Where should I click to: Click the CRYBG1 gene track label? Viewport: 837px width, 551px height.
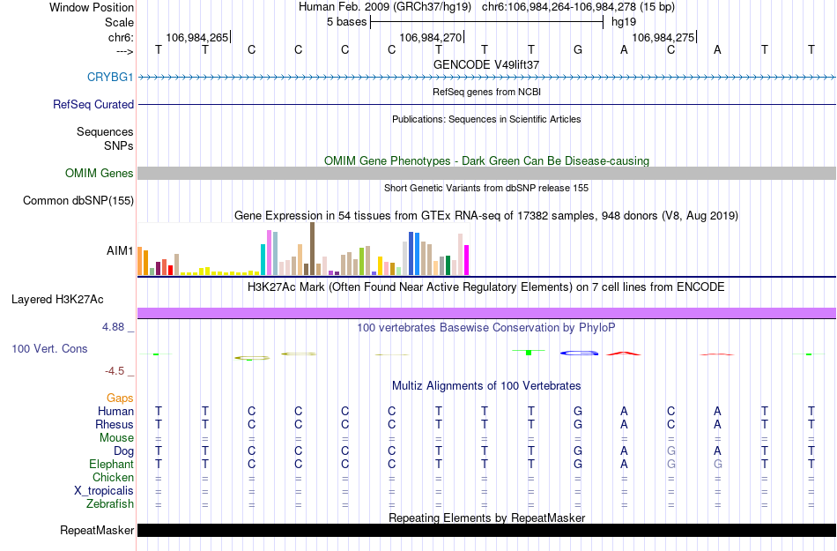tap(110, 77)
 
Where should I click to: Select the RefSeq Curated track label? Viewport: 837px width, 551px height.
tap(93, 104)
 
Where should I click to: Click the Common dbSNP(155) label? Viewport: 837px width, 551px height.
tap(78, 201)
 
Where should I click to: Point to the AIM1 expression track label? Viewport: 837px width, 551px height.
tap(120, 250)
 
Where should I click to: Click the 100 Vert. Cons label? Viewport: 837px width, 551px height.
tap(49, 349)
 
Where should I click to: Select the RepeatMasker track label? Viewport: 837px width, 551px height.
tap(97, 531)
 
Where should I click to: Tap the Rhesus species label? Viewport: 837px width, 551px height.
tap(115, 424)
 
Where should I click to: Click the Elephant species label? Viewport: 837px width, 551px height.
tap(111, 464)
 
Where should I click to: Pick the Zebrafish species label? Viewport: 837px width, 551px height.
tap(110, 504)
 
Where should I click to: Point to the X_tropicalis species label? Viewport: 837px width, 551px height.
tap(104, 490)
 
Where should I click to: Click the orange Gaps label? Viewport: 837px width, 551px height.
tap(120, 398)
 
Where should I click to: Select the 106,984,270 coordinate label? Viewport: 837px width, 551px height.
tap(430, 38)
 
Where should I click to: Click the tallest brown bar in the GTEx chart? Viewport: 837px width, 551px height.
tap(312, 249)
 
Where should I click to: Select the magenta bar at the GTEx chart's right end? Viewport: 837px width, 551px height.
tap(467, 259)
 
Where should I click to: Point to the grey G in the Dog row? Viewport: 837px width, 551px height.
tap(670, 450)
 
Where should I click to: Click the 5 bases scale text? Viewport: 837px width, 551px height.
tap(344, 20)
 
